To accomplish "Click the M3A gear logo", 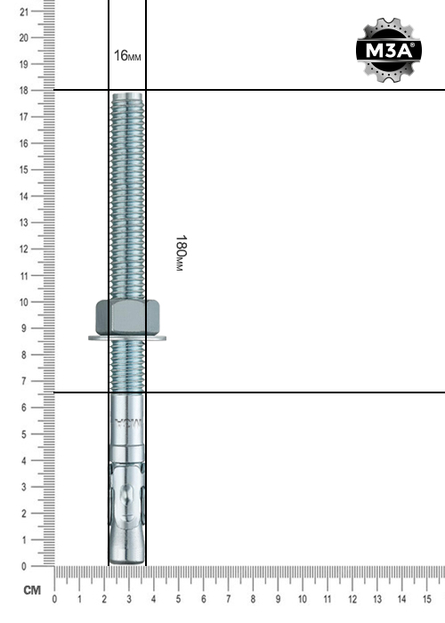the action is coord(388,50).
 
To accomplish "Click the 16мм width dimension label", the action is coord(127,55).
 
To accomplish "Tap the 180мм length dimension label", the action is coord(181,253).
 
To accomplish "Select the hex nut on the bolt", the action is coord(127,317).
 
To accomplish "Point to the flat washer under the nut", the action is coord(127,338).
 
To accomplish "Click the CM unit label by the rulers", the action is coord(32,590).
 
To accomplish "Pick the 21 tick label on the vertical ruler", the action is coord(24,12).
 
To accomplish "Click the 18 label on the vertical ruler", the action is coord(24,91).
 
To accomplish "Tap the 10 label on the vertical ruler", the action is coord(24,302).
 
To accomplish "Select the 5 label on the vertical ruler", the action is coord(25,434).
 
